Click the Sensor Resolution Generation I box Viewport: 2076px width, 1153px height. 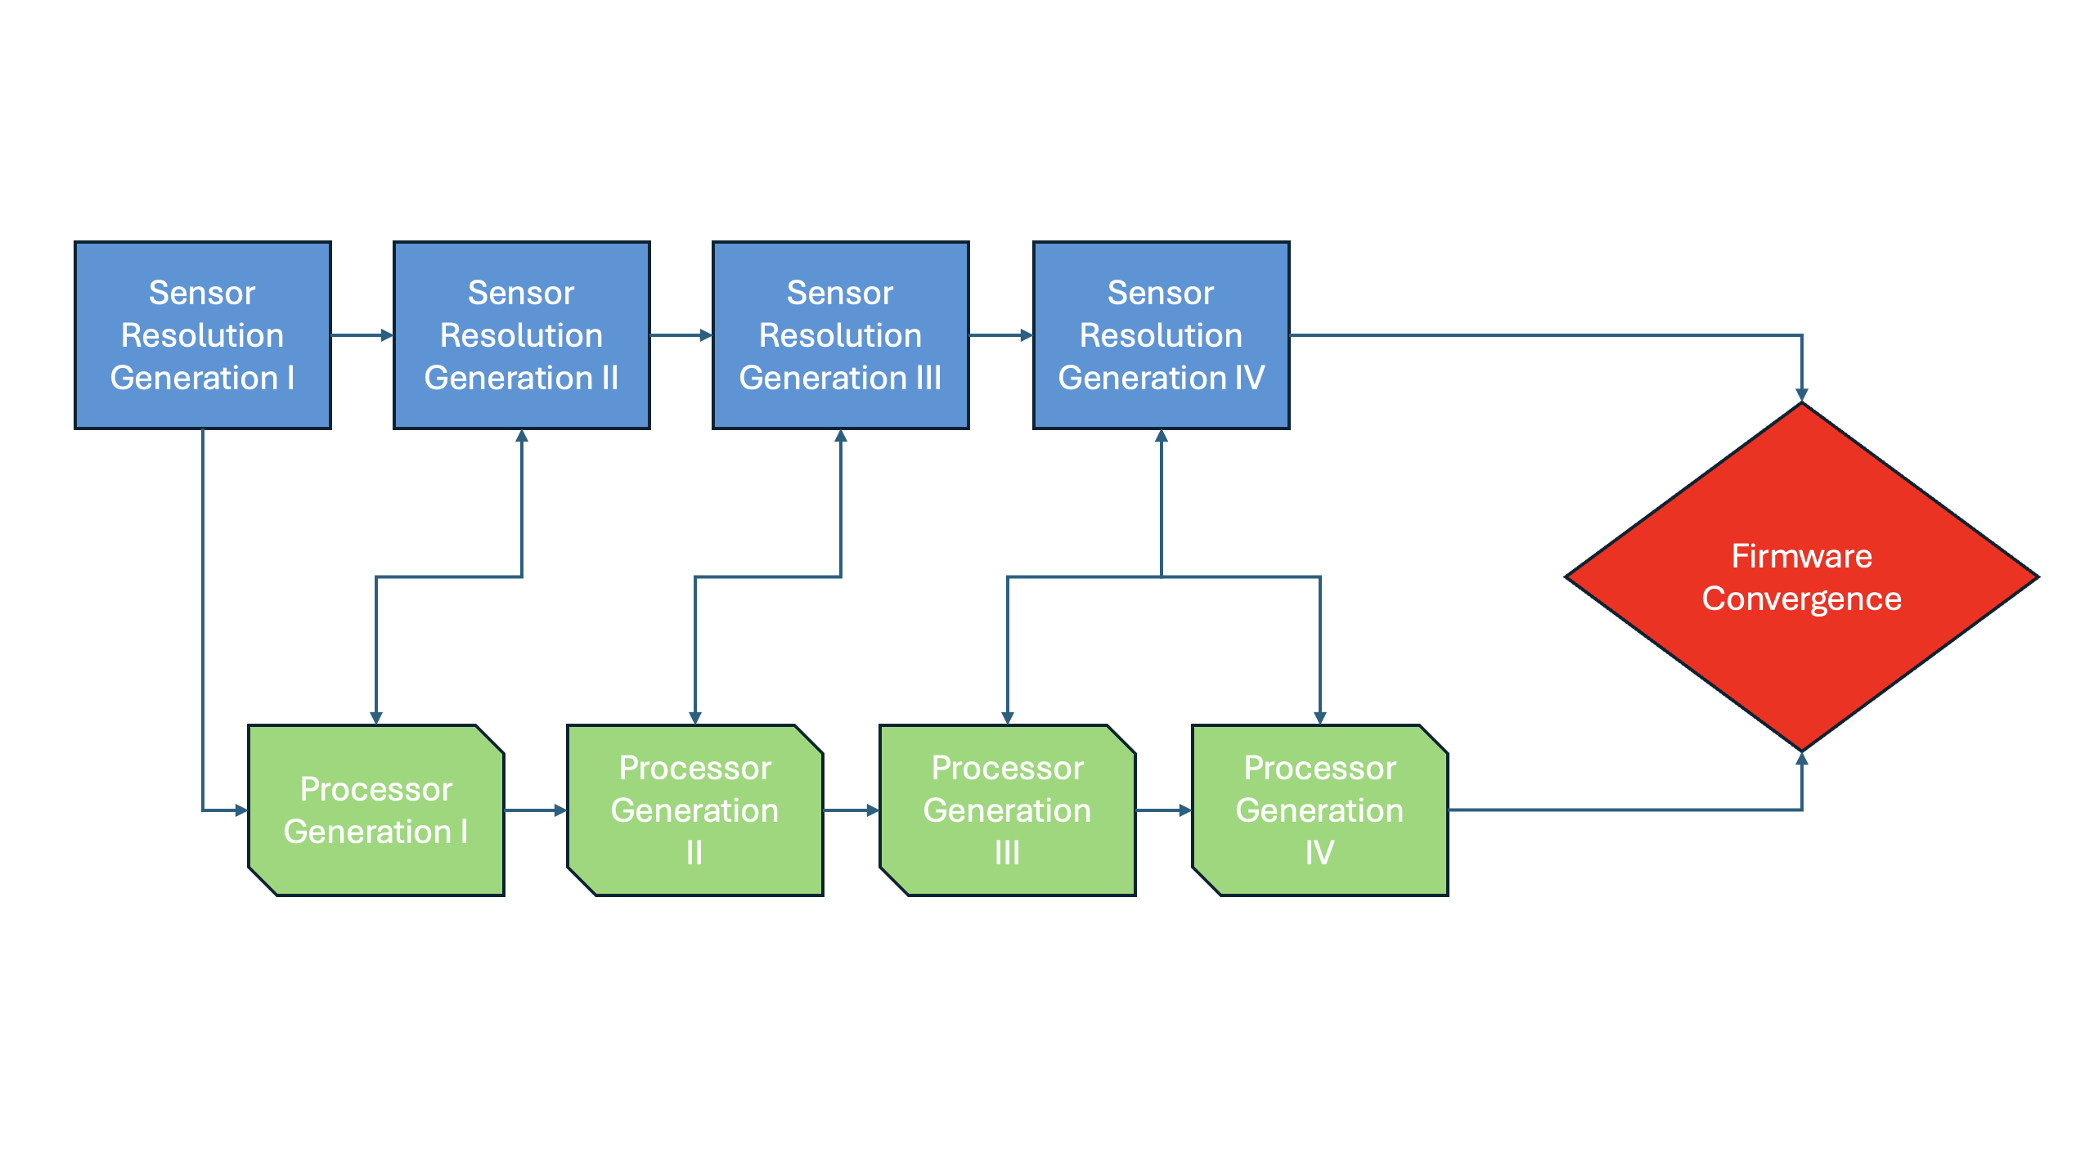pyautogui.click(x=202, y=335)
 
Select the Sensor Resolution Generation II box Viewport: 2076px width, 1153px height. pyautogui.click(x=521, y=335)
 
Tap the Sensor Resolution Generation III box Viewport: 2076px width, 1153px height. pyautogui.click(x=840, y=335)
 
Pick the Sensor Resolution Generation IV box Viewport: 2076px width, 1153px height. pyautogui.click(x=1161, y=335)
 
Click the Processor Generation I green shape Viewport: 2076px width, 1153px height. pyautogui.click(x=376, y=810)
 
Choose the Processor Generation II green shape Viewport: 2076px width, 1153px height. pyautogui.click(x=695, y=810)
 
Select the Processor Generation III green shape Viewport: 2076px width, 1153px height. pyautogui.click(x=1008, y=810)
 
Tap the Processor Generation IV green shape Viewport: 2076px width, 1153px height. pyautogui.click(x=1320, y=810)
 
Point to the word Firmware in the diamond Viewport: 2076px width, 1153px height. pyautogui.click(x=1801, y=556)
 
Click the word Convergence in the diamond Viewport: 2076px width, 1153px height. pyautogui.click(x=1801, y=599)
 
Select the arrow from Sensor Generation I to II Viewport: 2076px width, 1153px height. pyautogui.click(x=362, y=335)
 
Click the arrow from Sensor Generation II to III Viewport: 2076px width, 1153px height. pyautogui.click(x=681, y=335)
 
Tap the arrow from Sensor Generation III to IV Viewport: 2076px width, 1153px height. pyautogui.click(x=1000, y=335)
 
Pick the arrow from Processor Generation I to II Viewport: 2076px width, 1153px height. pyautogui.click(x=535, y=810)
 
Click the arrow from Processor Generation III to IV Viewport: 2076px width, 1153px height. pyautogui.click(x=1163, y=810)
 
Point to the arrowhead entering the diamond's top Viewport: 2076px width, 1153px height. pyautogui.click(x=1801, y=394)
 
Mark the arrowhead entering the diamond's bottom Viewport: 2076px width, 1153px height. pyautogui.click(x=1801, y=760)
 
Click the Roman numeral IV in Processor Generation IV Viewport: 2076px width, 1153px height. pyautogui.click(x=1319, y=853)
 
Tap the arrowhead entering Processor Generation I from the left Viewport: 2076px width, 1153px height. pyautogui.click(x=241, y=810)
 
